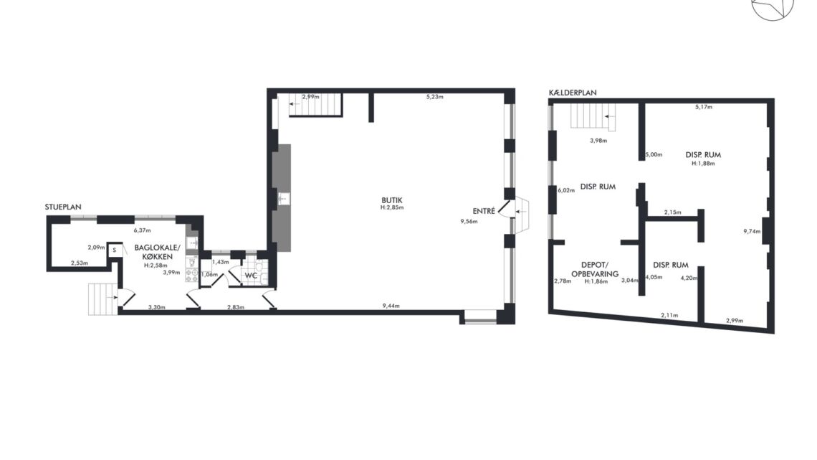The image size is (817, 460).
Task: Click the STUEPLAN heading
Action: coord(63,207)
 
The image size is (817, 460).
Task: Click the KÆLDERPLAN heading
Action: coord(573,93)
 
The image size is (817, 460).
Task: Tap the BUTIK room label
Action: coord(392,200)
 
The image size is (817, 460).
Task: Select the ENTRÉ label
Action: coord(484,211)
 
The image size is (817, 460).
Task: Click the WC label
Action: coord(251,276)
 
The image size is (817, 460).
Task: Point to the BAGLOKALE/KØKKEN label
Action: coord(157,252)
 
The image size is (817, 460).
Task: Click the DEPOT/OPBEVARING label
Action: coord(595,269)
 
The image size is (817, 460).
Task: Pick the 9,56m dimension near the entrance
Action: coord(469,221)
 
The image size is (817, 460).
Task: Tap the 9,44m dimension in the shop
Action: coord(391,306)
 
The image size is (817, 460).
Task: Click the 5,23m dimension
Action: coord(434,96)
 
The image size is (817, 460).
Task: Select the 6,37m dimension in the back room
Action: coord(142,230)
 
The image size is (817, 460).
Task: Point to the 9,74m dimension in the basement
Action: coord(752,231)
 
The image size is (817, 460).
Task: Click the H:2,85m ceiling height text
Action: coord(392,207)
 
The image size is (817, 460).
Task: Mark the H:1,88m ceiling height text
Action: coord(703,163)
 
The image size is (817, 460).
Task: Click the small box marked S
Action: coord(114,250)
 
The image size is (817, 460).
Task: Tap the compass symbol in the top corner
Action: coord(773,8)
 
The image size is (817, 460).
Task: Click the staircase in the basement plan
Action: coord(593,116)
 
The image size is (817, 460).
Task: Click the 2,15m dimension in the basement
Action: coord(673,212)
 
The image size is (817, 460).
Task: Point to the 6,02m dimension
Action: coord(566,190)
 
